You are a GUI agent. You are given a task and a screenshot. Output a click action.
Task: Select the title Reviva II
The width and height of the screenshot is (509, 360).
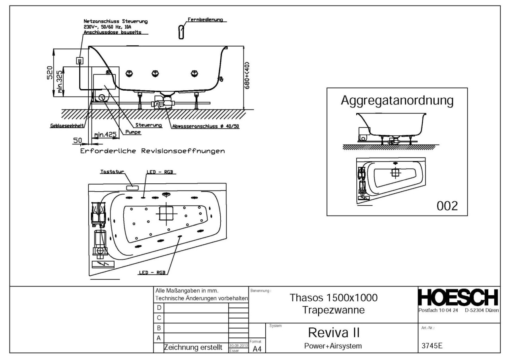[334, 332]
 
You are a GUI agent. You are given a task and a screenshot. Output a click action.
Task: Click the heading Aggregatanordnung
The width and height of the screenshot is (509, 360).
[397, 101]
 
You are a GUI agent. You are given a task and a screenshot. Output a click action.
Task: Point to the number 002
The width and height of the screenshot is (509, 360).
[447, 206]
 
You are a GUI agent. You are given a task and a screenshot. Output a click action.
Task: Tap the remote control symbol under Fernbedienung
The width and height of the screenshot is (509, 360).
[181, 31]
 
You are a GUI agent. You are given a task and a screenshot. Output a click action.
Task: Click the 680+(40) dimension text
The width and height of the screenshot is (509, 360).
[247, 76]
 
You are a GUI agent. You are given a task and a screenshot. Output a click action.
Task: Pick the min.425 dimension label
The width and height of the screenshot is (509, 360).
[105, 135]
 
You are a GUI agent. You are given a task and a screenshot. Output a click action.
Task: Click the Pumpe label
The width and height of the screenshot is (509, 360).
[133, 132]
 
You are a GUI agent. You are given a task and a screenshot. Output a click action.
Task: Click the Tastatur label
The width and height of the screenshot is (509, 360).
[112, 172]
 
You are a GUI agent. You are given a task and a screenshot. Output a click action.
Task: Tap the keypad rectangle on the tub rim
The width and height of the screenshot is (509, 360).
[132, 187]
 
